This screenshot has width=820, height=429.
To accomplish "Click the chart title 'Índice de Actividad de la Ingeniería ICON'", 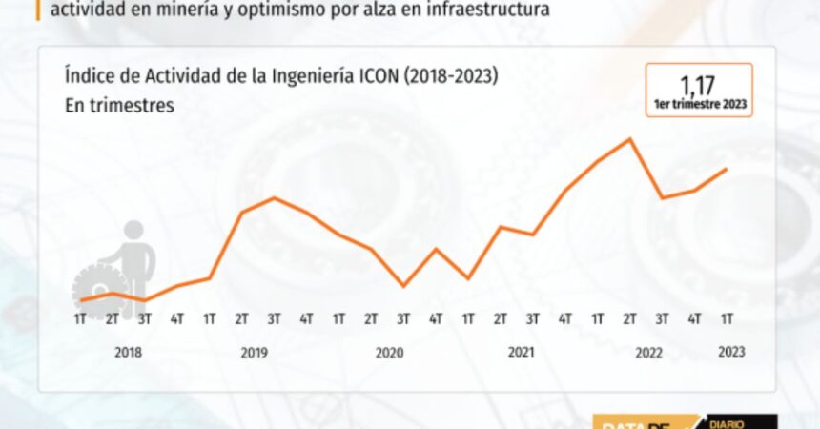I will [280, 75].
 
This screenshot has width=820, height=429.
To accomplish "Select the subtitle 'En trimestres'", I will [119, 106].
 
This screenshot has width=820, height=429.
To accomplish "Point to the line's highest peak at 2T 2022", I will [630, 139].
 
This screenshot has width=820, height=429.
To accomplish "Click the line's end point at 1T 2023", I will [728, 170].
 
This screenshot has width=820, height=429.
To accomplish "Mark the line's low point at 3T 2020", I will [404, 285].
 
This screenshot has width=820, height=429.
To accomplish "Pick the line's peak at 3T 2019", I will [275, 198].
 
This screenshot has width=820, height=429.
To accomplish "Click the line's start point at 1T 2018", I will [81, 301].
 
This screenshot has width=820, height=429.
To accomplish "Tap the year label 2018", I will [128, 353].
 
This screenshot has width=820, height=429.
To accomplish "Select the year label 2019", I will [254, 353].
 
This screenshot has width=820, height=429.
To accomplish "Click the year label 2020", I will [389, 353].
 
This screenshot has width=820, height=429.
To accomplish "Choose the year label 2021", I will [521, 353].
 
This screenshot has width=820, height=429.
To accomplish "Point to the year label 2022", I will [648, 353].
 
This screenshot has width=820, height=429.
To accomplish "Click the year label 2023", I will [730, 352].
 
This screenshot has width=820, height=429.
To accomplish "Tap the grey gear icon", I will [98, 289].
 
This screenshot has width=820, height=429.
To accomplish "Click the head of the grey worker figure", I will [133, 231].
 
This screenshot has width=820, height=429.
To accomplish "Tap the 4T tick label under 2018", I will [177, 317].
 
